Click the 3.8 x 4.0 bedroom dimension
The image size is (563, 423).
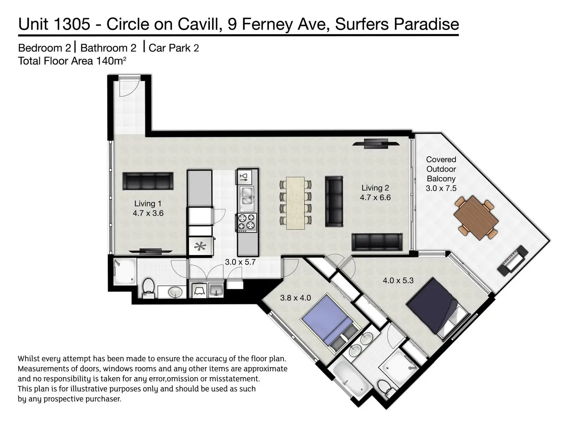296,298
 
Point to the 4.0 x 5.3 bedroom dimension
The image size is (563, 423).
398,280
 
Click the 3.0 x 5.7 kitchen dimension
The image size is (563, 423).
240,262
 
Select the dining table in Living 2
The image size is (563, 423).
296,203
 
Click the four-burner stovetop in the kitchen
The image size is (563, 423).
247,222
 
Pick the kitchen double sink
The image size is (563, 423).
247,199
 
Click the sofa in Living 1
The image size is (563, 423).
148,181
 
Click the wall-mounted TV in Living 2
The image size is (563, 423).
376,144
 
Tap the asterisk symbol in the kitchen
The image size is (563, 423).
200,246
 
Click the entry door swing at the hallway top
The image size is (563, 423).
130,87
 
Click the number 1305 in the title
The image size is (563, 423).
72,24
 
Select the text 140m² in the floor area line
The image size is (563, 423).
111,61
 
